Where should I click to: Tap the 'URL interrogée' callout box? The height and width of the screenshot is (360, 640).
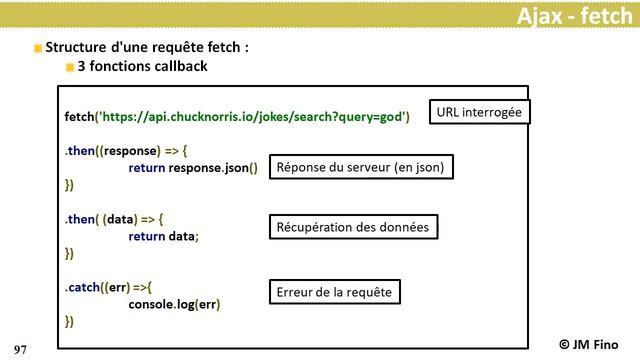pos(479,111)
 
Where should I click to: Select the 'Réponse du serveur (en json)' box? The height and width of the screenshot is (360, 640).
pos(360,167)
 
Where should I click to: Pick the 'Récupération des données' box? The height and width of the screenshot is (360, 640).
pos(353,227)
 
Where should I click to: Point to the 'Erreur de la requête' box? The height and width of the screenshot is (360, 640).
pos(332,291)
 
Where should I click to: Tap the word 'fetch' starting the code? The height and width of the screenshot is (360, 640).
pos(78,117)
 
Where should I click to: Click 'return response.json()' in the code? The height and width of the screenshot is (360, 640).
pos(193,168)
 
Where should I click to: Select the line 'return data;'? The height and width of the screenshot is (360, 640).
pos(164,236)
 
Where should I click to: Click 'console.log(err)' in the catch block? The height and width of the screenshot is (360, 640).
pos(174,304)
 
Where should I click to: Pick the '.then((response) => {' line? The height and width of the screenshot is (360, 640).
pos(119,151)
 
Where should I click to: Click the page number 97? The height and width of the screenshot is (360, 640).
pos(20,348)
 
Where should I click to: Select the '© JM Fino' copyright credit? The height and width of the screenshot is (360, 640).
pos(596,342)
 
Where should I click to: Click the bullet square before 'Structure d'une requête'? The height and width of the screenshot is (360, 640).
pos(38,48)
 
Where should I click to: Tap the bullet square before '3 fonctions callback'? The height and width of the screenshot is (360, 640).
pos(70,67)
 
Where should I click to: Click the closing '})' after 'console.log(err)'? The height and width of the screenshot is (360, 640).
pos(69,321)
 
